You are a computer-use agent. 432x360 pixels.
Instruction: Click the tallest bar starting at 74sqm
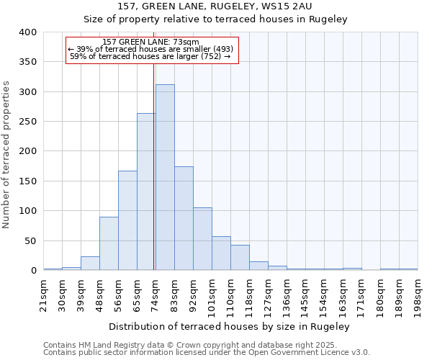[165, 177]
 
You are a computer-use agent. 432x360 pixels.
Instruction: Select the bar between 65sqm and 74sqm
[146, 192]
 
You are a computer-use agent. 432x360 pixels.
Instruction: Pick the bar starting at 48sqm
[109, 243]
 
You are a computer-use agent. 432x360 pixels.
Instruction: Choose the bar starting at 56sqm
[127, 220]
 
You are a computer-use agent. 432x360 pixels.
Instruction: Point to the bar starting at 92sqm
[202, 239]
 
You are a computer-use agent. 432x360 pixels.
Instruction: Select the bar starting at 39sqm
[90, 264]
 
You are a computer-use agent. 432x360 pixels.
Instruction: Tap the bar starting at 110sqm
[240, 258]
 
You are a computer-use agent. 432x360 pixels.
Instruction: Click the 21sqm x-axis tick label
[44, 294]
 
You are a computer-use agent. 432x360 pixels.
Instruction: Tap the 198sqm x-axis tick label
[418, 295]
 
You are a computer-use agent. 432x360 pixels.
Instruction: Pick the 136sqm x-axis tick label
[287, 295]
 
